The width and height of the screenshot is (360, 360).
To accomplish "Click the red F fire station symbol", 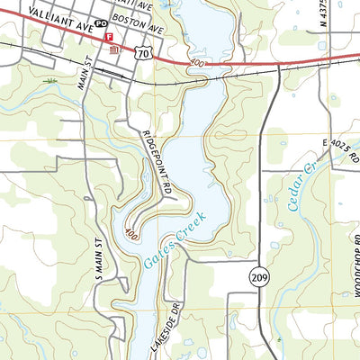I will [x=110, y=38].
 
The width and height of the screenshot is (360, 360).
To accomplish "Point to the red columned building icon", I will [x=114, y=50].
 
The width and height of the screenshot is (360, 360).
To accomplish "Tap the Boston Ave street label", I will [x=142, y=28].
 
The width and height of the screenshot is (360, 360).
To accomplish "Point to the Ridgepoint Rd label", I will [x=157, y=161].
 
